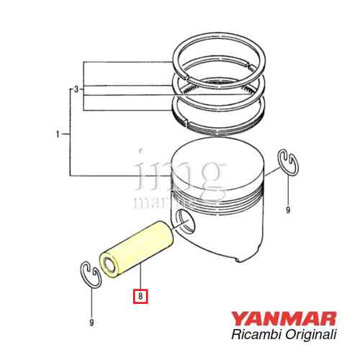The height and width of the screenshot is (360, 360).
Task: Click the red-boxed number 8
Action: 140,295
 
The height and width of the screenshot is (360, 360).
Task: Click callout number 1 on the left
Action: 58,134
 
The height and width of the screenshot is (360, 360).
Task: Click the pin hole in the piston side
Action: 186,224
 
